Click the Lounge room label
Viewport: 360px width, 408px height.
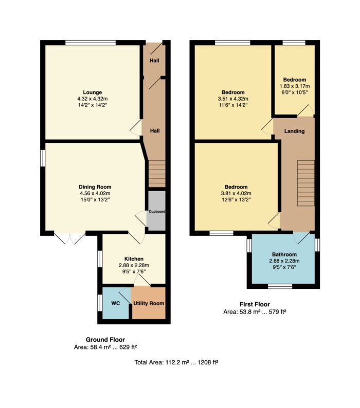92,92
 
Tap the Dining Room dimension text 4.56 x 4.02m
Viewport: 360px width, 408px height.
95,193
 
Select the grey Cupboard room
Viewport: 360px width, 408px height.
157,211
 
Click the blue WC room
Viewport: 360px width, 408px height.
116,303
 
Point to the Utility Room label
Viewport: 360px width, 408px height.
149,303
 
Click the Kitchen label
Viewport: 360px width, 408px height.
134,259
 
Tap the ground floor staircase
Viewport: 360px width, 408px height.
157,174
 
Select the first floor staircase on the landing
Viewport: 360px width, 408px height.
306,183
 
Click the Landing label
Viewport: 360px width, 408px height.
294,131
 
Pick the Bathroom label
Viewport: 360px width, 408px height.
284,254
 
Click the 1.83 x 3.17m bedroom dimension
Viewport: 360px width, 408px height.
295,86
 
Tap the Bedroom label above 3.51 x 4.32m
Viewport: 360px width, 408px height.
233,92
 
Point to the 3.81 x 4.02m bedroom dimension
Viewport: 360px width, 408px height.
236,193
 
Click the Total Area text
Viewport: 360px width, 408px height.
176,362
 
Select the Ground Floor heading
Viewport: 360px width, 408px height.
105,340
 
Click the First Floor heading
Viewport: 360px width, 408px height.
255,304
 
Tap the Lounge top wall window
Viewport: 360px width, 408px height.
91,43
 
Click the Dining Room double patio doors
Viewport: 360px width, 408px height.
70,237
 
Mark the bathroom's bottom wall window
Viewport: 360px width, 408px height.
280,286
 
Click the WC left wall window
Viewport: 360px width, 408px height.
100,303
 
